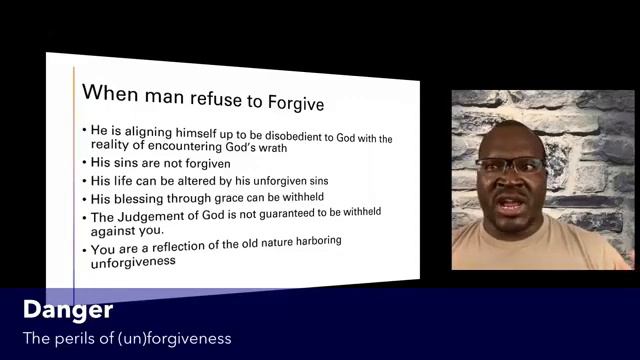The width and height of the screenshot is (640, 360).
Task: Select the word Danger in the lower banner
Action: [x=67, y=309]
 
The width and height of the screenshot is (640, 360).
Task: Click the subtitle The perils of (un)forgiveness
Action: [x=127, y=338]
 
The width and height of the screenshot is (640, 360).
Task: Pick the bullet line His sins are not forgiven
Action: [x=161, y=164]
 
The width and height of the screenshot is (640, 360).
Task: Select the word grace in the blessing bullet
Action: [x=217, y=198]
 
